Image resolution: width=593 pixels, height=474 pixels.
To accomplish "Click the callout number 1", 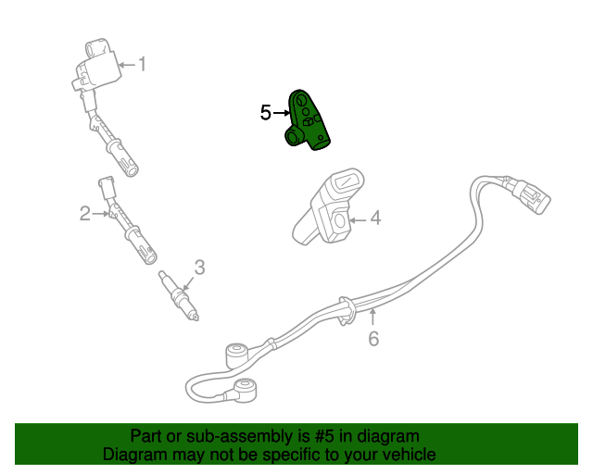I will pos(143,64).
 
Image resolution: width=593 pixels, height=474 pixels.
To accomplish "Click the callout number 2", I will pos(84,215).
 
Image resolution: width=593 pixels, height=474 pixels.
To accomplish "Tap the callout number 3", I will pos(199,268).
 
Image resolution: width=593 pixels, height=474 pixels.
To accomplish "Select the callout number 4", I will pos(375,218).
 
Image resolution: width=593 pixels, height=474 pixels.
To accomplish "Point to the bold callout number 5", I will pos(266,113).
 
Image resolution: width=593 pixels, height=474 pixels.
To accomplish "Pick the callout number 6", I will pos(373,339).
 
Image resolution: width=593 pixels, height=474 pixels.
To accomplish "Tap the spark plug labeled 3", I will pos(180,295).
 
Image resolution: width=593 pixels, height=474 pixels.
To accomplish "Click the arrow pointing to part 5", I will pos(282,113).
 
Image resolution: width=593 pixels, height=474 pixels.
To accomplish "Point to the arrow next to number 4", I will pos(358,219).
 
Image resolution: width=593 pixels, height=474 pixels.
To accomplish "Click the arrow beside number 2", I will pos(100,215).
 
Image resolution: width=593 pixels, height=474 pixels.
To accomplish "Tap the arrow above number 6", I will pos(373,318).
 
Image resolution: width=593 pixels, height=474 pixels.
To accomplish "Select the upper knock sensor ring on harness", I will pos(236,354).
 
